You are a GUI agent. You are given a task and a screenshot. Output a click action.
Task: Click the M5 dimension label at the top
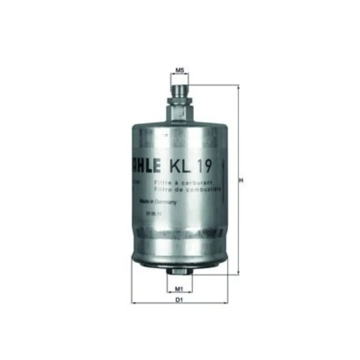pos(180,71)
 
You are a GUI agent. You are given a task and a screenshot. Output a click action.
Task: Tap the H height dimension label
pos(242,181)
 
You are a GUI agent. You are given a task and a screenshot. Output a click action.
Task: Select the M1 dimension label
pos(179,288)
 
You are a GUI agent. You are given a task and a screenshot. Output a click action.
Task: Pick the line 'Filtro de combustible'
pos(187,188)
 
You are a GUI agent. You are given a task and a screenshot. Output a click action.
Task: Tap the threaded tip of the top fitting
pos(180,90)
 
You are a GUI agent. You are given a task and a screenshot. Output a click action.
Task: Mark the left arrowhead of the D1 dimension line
pos(134,303)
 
